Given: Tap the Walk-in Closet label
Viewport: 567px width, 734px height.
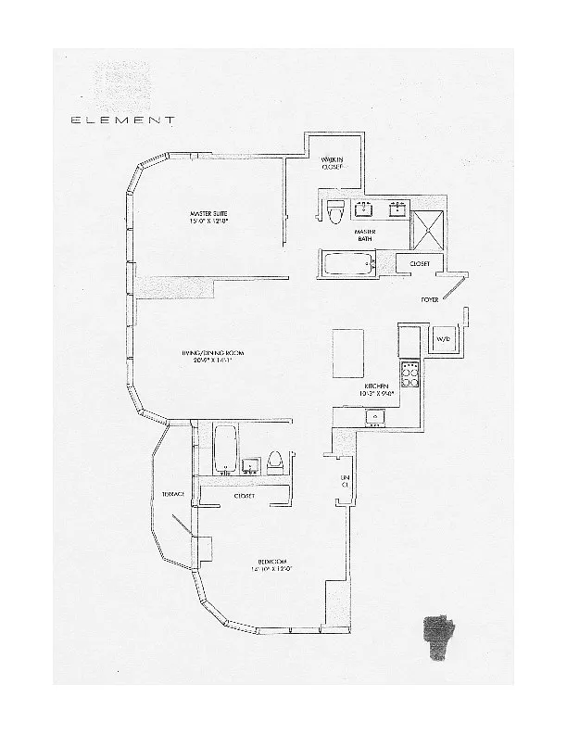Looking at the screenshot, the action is pyautogui.click(x=333, y=164).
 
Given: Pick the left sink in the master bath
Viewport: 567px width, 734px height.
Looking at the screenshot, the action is pyautogui.click(x=363, y=209).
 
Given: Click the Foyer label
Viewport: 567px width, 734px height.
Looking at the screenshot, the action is pyautogui.click(x=429, y=300).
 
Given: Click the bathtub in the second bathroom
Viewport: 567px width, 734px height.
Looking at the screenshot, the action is pyautogui.click(x=224, y=448).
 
